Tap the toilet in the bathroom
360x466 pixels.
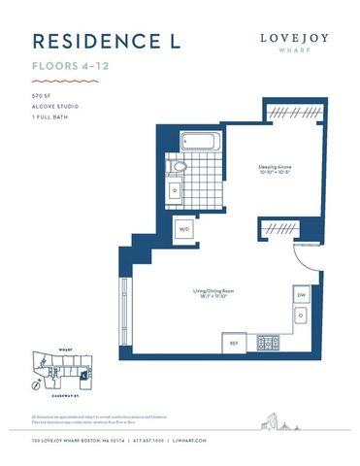177,167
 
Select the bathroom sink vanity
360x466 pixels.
175,190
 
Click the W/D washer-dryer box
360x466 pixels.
184,229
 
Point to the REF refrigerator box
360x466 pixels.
234,343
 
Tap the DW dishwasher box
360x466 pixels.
301,294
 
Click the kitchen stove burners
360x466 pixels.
267,343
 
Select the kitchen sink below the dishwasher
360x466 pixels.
301,316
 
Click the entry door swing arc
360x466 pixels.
303,254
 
